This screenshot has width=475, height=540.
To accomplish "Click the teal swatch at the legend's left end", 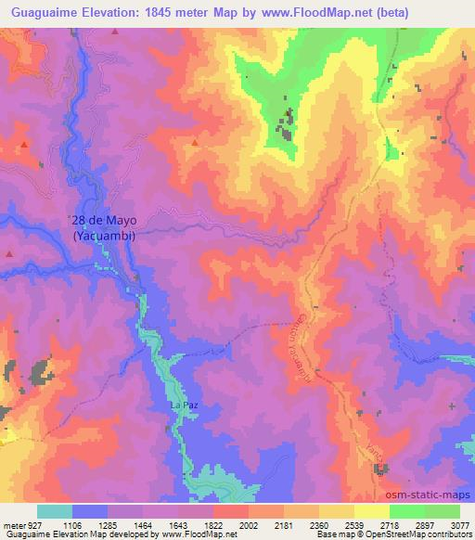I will [55, 511].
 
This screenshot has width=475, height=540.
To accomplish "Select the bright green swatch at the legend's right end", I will [442, 511].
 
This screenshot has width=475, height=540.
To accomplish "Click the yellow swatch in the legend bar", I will [371, 511].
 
